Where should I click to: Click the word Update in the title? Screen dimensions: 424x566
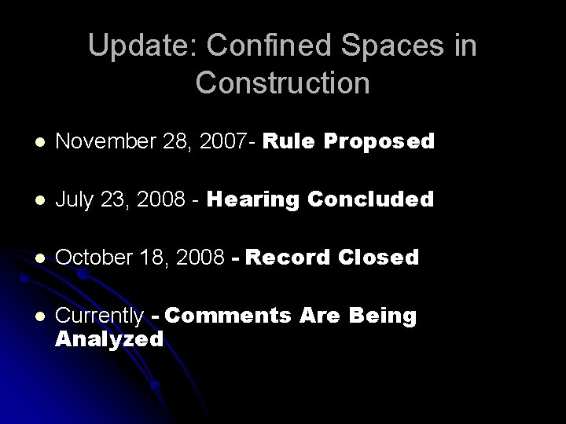coord(134,46)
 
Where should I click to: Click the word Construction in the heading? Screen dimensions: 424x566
coord(283,82)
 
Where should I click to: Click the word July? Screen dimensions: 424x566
coord(76,200)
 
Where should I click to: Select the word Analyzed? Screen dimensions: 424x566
coord(109,339)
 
